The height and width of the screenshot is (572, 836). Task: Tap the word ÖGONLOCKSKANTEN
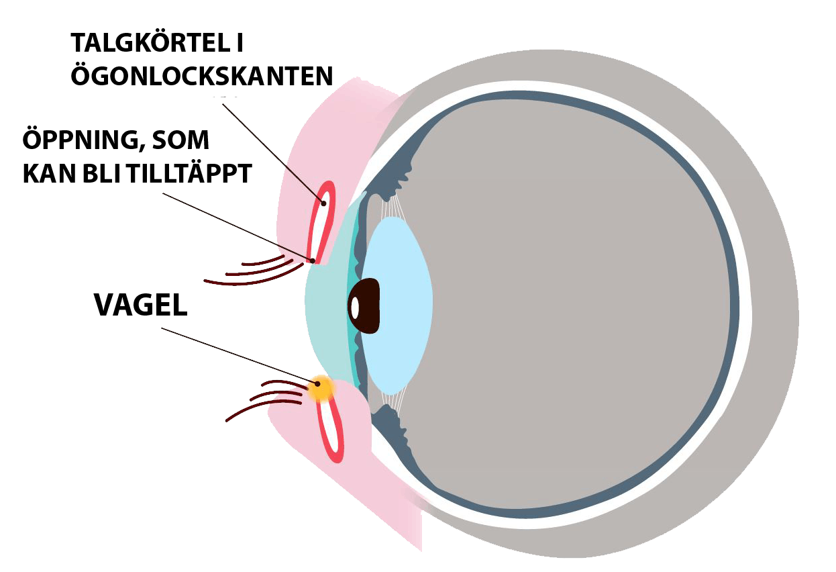(201, 76)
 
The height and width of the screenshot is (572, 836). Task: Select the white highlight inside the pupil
(355, 307)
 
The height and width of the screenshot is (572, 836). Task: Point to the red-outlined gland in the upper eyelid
(321, 222)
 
